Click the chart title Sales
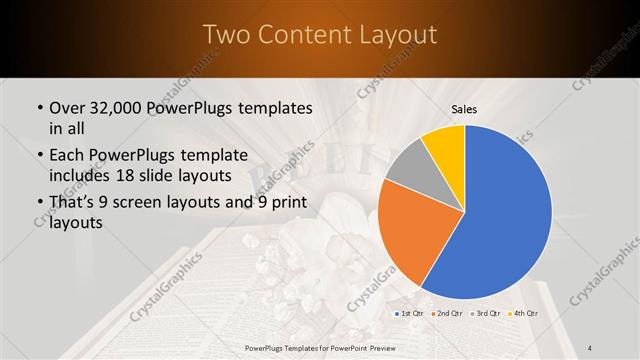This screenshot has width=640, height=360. pos(464,109)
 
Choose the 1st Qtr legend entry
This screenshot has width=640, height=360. pos(408,314)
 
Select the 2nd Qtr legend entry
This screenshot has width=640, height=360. pos(446,314)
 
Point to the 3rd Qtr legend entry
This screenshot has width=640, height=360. pos(485,314)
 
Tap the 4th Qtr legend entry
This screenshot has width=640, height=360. pos(522,314)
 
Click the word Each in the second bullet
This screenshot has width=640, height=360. pos(68,156)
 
